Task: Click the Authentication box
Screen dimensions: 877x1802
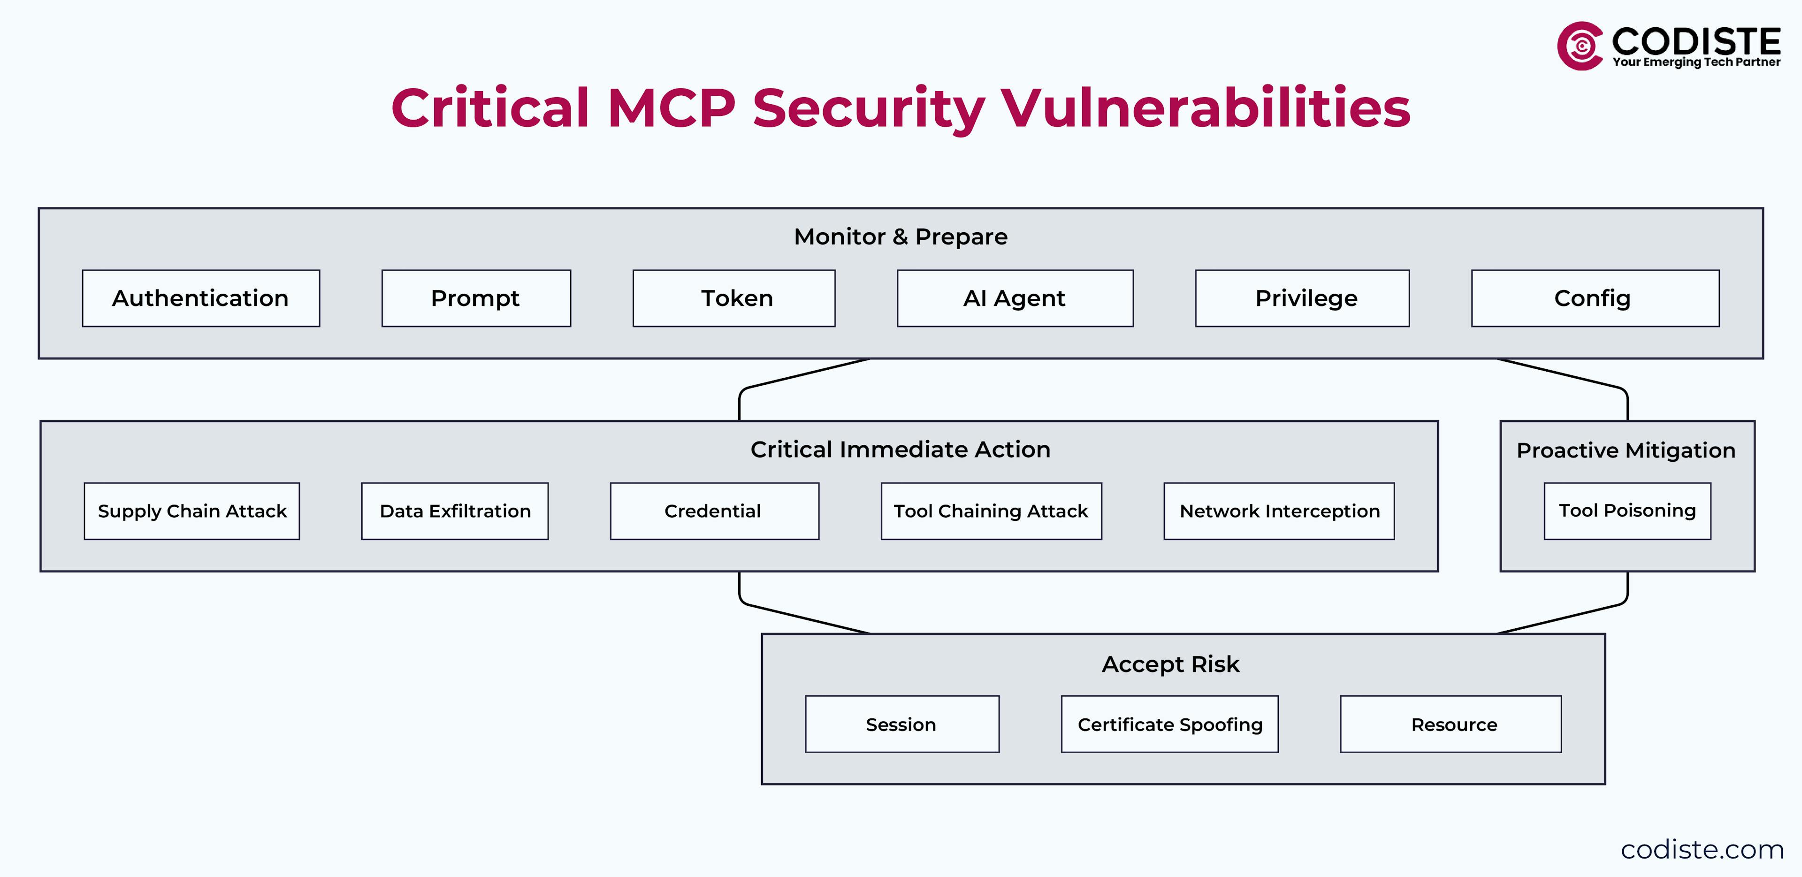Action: coord(201,298)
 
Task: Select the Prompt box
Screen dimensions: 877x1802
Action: coord(476,298)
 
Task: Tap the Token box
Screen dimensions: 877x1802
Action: coord(734,298)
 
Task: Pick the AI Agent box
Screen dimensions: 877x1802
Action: coord(1015,298)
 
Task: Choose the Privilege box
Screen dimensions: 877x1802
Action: coord(1302,298)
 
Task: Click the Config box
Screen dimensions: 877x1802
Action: coord(1595,298)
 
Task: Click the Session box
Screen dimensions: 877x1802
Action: coord(901,724)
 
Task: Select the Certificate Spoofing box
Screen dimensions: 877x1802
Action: coord(1169,724)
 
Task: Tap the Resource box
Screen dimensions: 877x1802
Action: coord(1450,724)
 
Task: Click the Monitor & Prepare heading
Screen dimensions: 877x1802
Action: coord(901,237)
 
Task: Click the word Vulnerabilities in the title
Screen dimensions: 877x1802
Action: coord(1205,108)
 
